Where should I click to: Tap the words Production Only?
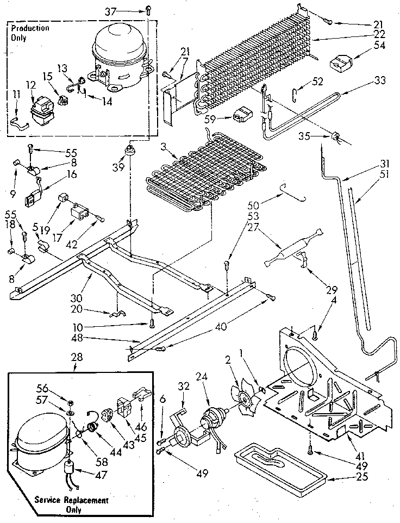click(30, 33)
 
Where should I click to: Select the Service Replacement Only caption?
click(71, 505)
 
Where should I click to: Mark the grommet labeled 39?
click(131, 148)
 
